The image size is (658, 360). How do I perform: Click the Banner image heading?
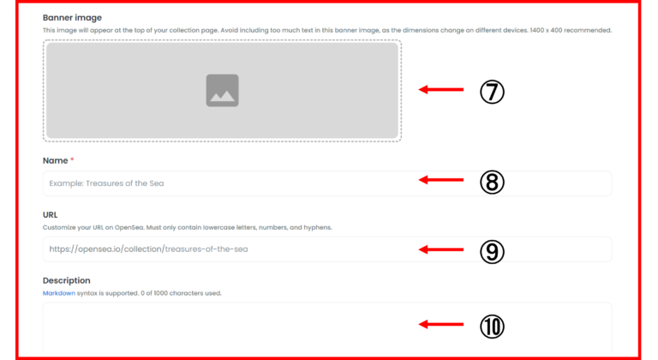pos(72,18)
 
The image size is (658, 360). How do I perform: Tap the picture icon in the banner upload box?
pos(223,90)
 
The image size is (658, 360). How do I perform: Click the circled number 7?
pos(492,92)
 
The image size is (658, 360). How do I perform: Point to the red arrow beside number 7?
pos(441,89)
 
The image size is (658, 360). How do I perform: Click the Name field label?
pos(56,160)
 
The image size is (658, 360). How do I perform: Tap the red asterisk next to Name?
pos(72,159)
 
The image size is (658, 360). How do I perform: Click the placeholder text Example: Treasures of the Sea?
pos(106,183)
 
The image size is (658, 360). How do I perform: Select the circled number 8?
pos(492,182)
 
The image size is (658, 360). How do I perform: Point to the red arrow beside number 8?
pos(441,180)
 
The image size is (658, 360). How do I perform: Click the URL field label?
pos(50,214)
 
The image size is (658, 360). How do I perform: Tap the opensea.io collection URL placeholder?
pos(148,249)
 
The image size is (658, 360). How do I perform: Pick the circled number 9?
pos(492,252)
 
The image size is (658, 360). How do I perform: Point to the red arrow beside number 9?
pos(441,249)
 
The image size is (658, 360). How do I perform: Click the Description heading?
pos(66,280)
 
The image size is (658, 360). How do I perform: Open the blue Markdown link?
pos(59,293)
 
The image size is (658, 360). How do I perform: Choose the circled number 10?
pos(492,327)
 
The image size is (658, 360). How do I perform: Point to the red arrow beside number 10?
pos(441,324)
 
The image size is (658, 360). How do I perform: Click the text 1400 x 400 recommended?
pos(571,30)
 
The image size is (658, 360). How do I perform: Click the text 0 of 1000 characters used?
pos(181,293)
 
